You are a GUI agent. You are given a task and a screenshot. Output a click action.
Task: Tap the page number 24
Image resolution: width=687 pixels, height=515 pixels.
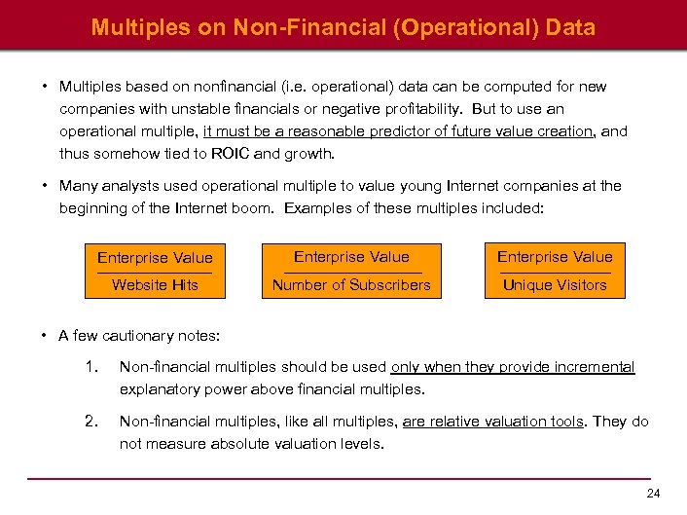[653, 494]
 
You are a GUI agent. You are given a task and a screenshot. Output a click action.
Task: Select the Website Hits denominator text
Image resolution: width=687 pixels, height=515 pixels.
[155, 285]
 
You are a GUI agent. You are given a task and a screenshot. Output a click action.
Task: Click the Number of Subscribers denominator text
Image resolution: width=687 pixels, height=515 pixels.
[351, 285]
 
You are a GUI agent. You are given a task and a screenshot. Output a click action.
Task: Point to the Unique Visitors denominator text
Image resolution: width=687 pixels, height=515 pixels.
[555, 285]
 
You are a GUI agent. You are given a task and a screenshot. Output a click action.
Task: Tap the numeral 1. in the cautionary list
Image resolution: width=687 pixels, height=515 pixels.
[92, 368]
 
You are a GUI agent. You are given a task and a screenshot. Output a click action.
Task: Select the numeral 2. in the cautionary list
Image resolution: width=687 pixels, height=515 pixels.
[92, 422]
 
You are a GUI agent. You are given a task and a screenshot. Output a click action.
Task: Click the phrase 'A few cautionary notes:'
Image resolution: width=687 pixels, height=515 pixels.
[139, 336]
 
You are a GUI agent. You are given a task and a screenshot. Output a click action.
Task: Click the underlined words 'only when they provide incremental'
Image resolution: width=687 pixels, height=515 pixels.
[513, 368]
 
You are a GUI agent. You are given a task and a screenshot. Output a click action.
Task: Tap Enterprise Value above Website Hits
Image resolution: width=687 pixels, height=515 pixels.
[155, 258]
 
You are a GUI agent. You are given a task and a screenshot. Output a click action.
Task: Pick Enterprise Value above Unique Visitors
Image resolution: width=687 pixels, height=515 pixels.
[555, 257]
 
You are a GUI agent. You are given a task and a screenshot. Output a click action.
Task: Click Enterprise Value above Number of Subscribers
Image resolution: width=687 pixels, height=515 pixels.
[351, 257]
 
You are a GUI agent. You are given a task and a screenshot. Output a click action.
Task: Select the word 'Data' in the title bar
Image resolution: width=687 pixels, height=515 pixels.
[570, 27]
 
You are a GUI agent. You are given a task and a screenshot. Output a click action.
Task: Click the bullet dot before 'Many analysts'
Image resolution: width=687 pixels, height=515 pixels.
[46, 185]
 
